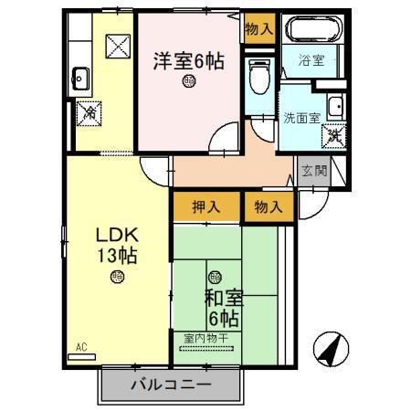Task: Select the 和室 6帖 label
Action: tap(223, 308)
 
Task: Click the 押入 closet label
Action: tap(206, 206)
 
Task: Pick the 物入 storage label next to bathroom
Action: tap(258, 27)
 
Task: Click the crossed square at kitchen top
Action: tap(117, 43)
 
